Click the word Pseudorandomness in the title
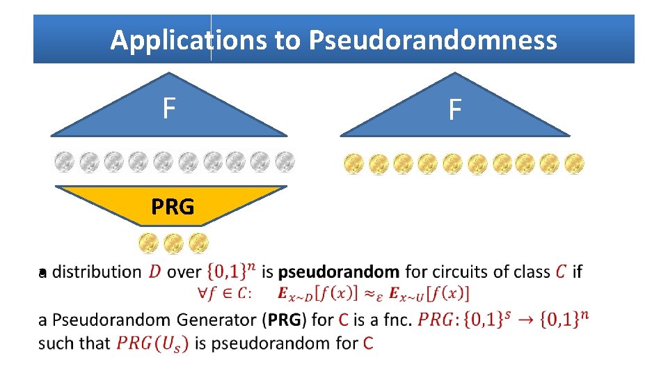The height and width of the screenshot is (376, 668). (433, 40)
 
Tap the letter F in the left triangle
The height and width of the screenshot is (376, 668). (168, 109)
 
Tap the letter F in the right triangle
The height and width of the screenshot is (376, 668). (454, 110)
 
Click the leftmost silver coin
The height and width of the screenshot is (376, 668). (64, 162)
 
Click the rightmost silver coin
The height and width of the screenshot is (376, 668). (284, 162)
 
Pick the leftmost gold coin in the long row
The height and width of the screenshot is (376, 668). (353, 164)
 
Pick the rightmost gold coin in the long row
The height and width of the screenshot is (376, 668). (574, 164)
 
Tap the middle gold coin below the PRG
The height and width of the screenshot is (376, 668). (173, 243)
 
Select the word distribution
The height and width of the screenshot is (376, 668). (97, 272)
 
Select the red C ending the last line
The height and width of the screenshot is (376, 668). (368, 343)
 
